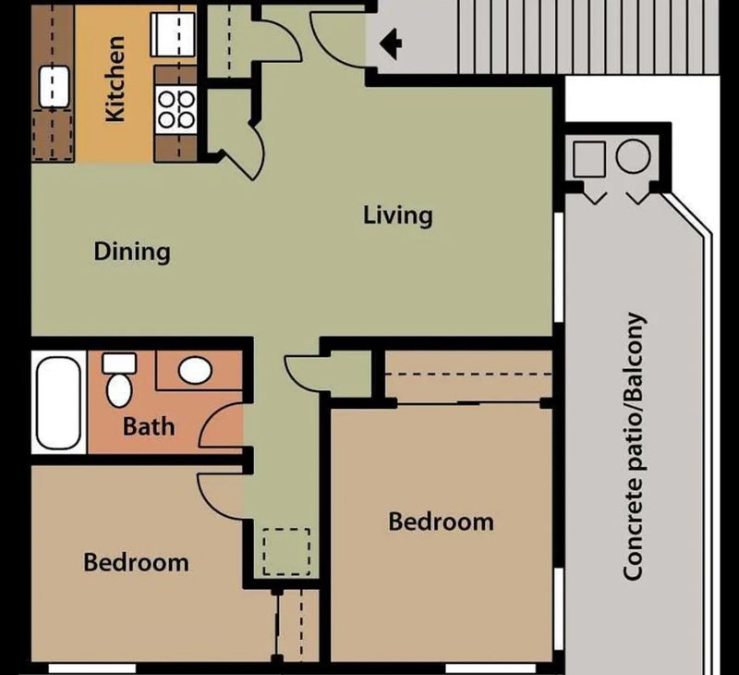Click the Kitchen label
point(115,80)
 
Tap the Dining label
point(132,252)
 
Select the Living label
point(397,215)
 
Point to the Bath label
point(149,426)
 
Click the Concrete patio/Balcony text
point(634,447)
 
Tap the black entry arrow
point(392,42)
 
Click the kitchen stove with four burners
point(176,107)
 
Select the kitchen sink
point(55,86)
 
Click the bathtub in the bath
point(58,402)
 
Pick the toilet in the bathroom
point(119,380)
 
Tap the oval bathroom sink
point(195,371)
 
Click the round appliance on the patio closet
point(633,157)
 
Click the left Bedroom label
point(136,561)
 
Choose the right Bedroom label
point(441,522)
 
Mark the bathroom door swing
point(222,427)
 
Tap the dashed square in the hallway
point(285,551)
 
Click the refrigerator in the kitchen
point(175,35)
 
